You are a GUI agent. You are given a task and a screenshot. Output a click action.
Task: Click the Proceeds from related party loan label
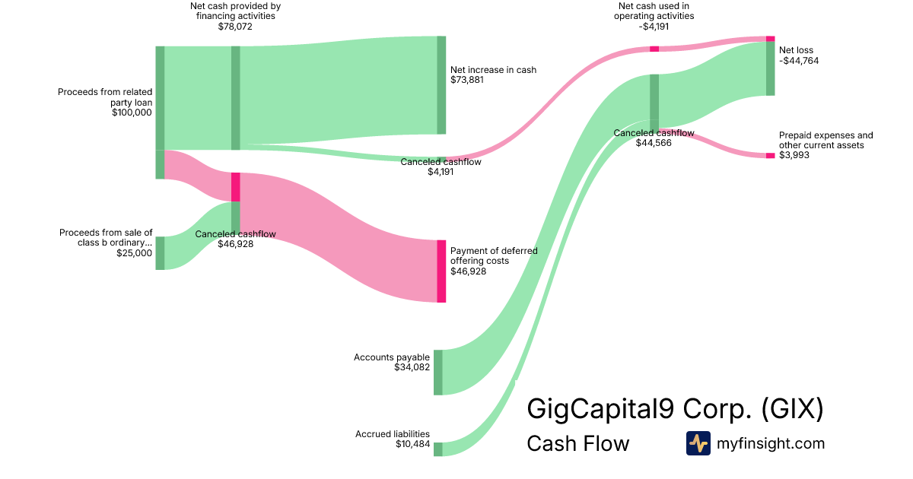click(x=105, y=97)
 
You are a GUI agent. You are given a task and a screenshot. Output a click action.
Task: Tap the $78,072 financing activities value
click(x=235, y=27)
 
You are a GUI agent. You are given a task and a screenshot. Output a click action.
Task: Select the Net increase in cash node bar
click(x=441, y=85)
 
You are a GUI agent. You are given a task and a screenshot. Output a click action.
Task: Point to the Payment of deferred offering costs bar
click(x=441, y=271)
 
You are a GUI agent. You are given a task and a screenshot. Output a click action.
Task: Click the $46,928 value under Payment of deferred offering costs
click(x=468, y=271)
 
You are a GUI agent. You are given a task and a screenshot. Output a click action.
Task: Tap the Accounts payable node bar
click(x=438, y=373)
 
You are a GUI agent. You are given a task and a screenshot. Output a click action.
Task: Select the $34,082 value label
click(x=412, y=368)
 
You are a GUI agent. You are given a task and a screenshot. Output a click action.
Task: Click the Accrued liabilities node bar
click(x=438, y=449)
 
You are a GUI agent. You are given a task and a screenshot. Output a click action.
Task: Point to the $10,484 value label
click(x=412, y=445)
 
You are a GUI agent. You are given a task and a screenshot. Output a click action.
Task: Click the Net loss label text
click(x=796, y=51)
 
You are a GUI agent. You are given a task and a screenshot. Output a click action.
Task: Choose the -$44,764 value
click(x=799, y=61)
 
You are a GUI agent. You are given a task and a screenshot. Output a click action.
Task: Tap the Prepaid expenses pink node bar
click(x=770, y=155)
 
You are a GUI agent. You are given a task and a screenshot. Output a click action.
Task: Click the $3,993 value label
click(x=794, y=155)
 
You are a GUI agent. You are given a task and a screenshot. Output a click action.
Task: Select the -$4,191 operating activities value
click(x=654, y=27)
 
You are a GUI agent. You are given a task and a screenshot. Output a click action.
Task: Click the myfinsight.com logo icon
click(x=698, y=443)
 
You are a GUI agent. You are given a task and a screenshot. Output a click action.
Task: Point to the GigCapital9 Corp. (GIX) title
click(x=675, y=410)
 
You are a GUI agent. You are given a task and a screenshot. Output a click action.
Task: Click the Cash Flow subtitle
click(x=577, y=444)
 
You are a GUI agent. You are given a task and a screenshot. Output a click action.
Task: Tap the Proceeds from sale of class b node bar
click(x=161, y=253)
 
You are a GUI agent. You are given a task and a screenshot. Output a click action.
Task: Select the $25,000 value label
click(x=134, y=254)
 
